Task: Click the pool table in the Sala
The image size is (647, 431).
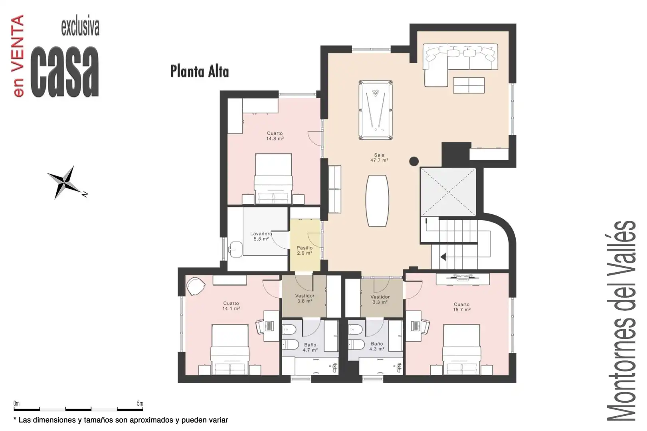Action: pos(376,110)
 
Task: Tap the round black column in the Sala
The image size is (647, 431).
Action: pos(414,161)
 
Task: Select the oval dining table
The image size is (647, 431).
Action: pos(377,200)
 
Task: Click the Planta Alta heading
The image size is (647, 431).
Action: pos(200,71)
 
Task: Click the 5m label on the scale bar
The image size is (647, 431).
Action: pos(140,403)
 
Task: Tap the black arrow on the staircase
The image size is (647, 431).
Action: pos(443,257)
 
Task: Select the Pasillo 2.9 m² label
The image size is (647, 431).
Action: pos(305,251)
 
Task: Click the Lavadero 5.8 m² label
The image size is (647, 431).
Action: pos(261,236)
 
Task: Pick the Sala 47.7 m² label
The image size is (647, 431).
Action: pos(379,158)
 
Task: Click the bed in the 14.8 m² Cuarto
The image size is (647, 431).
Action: pos(273,179)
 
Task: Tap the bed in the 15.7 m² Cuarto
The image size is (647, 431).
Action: pos(461,350)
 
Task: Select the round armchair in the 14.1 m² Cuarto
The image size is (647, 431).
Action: pos(196,286)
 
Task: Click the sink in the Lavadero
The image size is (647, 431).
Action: pos(235,249)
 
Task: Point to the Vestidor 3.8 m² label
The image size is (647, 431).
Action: pos(305,299)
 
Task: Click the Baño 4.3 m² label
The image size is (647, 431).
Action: pos(377,346)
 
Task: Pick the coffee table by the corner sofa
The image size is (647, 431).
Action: pos(469,85)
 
